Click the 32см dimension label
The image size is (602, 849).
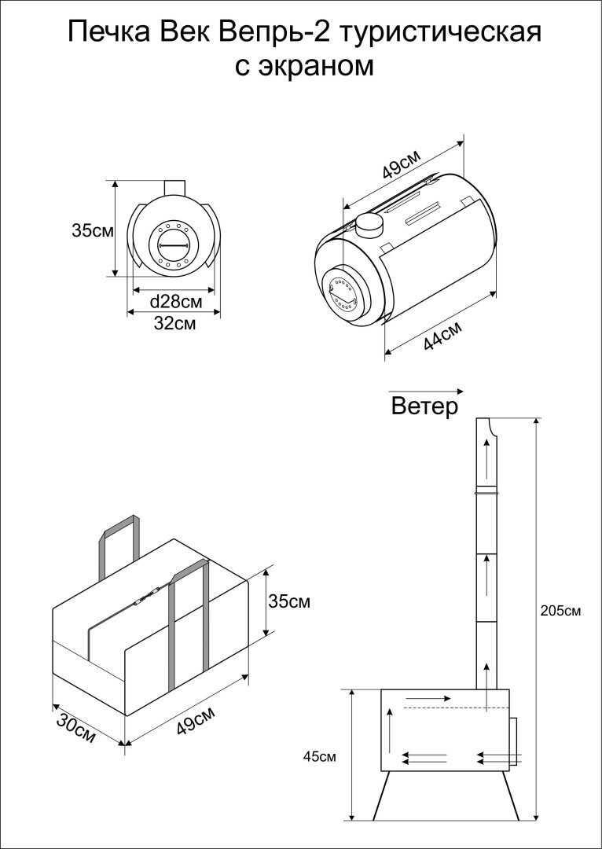tap(174, 323)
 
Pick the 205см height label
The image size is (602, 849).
tap(562, 610)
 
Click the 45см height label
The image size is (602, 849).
tap(320, 756)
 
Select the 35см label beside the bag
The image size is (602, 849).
tap(289, 602)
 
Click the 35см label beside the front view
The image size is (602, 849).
tap(92, 231)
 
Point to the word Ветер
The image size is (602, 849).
tap(424, 407)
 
